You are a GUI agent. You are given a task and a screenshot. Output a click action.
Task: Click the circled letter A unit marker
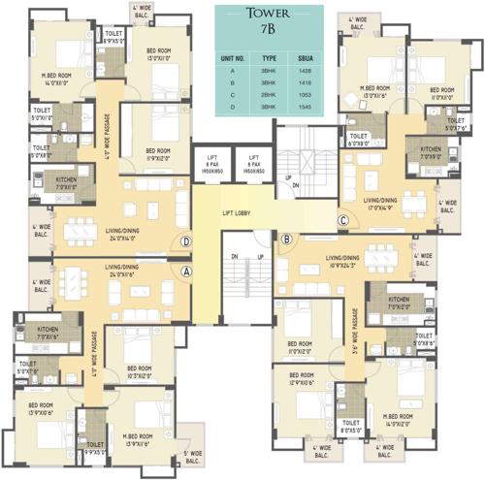(185, 272)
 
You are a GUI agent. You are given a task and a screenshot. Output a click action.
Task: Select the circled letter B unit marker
(286, 239)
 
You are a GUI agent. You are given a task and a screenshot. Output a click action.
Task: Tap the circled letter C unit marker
(342, 219)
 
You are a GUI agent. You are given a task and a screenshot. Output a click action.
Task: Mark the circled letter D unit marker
(185, 242)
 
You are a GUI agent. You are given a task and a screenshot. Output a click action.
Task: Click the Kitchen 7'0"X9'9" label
(431, 153)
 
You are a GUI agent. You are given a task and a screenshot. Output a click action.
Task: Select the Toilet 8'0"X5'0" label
(350, 425)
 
